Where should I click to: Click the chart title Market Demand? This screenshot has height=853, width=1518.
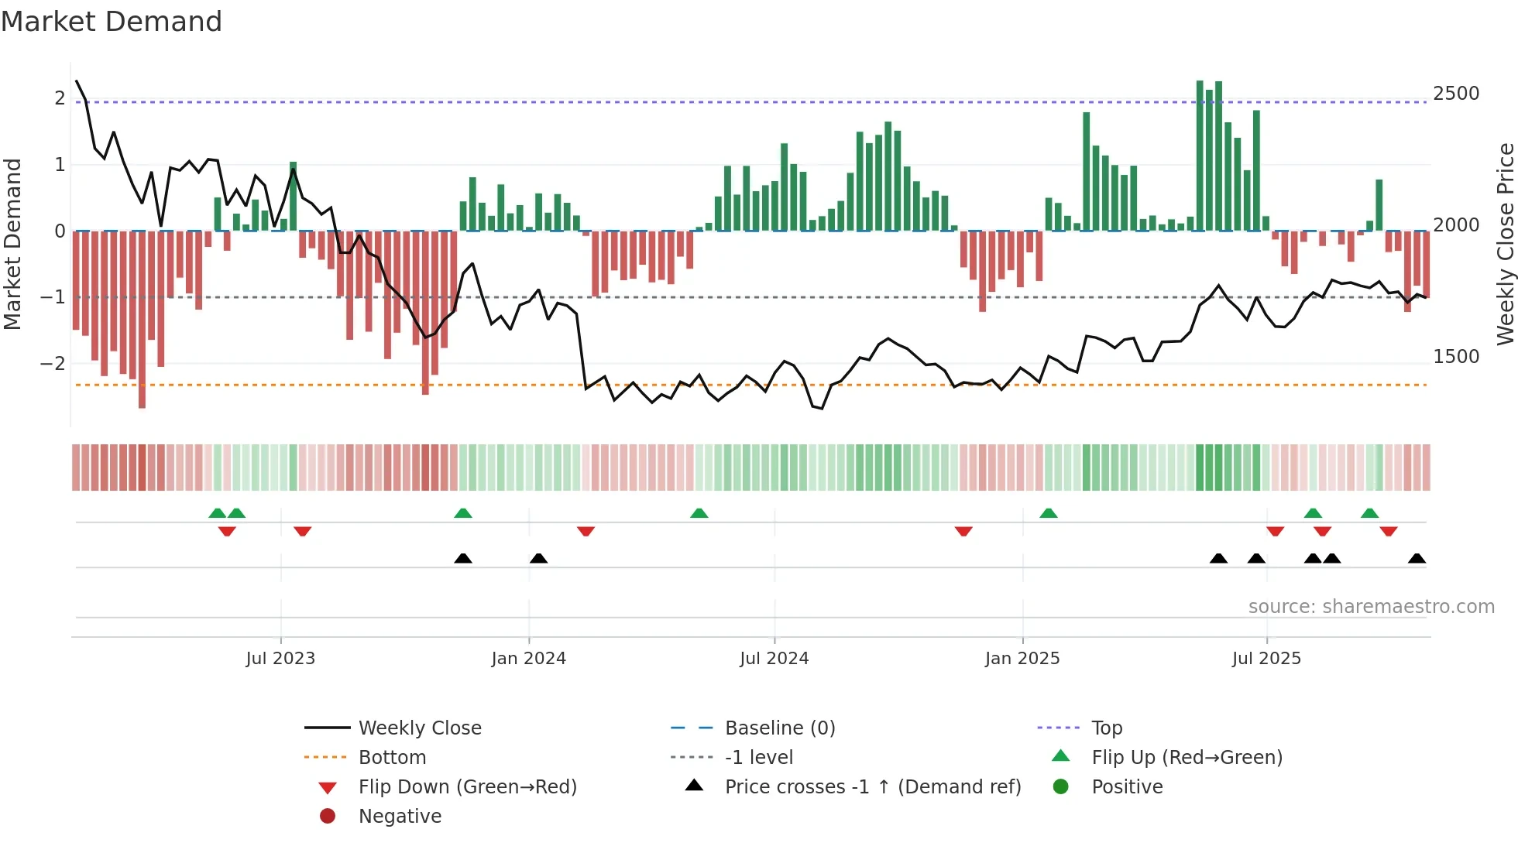pyautogui.click(x=112, y=22)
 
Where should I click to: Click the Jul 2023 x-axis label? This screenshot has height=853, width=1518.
pyautogui.click(x=280, y=659)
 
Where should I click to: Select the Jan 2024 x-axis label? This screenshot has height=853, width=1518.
pyautogui.click(x=528, y=659)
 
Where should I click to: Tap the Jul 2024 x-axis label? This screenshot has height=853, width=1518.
pyautogui.click(x=774, y=659)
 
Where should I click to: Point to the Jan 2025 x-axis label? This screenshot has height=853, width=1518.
pyautogui.click(x=1022, y=659)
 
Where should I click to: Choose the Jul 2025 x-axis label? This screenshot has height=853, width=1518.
pyautogui.click(x=1266, y=659)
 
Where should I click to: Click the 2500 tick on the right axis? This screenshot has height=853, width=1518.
pyautogui.click(x=1456, y=94)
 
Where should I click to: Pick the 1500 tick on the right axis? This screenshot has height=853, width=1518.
pyautogui.click(x=1456, y=357)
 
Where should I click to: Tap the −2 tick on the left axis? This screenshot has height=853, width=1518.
pyautogui.click(x=53, y=363)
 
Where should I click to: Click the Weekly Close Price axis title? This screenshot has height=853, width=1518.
pyautogui.click(x=1505, y=244)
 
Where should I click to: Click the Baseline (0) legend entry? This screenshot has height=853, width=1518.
pyautogui.click(x=780, y=728)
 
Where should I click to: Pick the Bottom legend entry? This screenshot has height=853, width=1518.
pyautogui.click(x=392, y=758)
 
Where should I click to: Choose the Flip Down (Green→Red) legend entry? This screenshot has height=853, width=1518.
pyautogui.click(x=467, y=787)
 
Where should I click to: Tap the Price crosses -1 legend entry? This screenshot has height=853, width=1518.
pyautogui.click(x=873, y=787)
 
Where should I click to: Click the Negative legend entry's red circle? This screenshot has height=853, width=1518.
pyautogui.click(x=328, y=817)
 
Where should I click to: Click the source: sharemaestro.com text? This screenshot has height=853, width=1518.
pyautogui.click(x=1371, y=607)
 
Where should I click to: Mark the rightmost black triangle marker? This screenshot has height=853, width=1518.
pyautogui.click(x=1417, y=559)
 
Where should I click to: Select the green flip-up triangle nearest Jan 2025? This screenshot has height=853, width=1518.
pyautogui.click(x=1048, y=514)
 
